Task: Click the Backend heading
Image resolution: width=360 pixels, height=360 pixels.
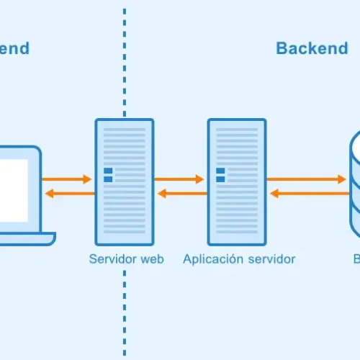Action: (x=312, y=48)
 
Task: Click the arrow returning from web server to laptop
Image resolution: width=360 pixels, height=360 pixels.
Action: (x=68, y=193)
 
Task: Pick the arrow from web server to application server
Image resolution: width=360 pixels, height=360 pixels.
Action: (x=180, y=179)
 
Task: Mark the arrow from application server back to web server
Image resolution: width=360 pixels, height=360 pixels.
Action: (x=180, y=193)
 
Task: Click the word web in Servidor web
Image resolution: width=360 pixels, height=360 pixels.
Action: (x=151, y=259)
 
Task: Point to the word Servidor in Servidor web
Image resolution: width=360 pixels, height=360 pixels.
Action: (x=112, y=259)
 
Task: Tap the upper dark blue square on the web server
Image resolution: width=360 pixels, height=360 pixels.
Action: (x=108, y=171)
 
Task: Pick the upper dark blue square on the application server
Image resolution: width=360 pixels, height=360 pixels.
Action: (x=220, y=171)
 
